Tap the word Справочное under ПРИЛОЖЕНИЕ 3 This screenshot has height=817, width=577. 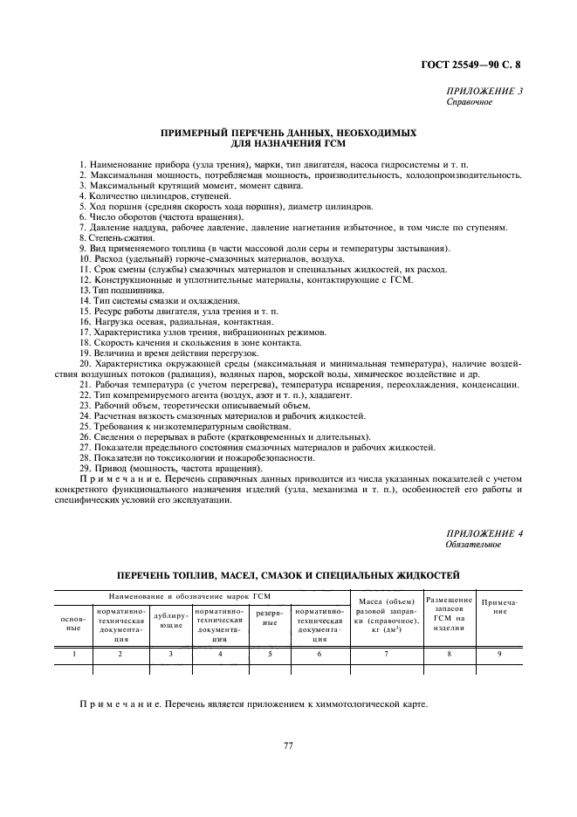click(x=469, y=101)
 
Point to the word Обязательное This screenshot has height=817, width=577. click(x=473, y=545)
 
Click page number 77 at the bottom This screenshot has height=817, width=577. click(x=287, y=745)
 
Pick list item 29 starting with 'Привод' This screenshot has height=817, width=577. click(x=169, y=468)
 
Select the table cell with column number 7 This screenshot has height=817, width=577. click(x=386, y=653)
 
